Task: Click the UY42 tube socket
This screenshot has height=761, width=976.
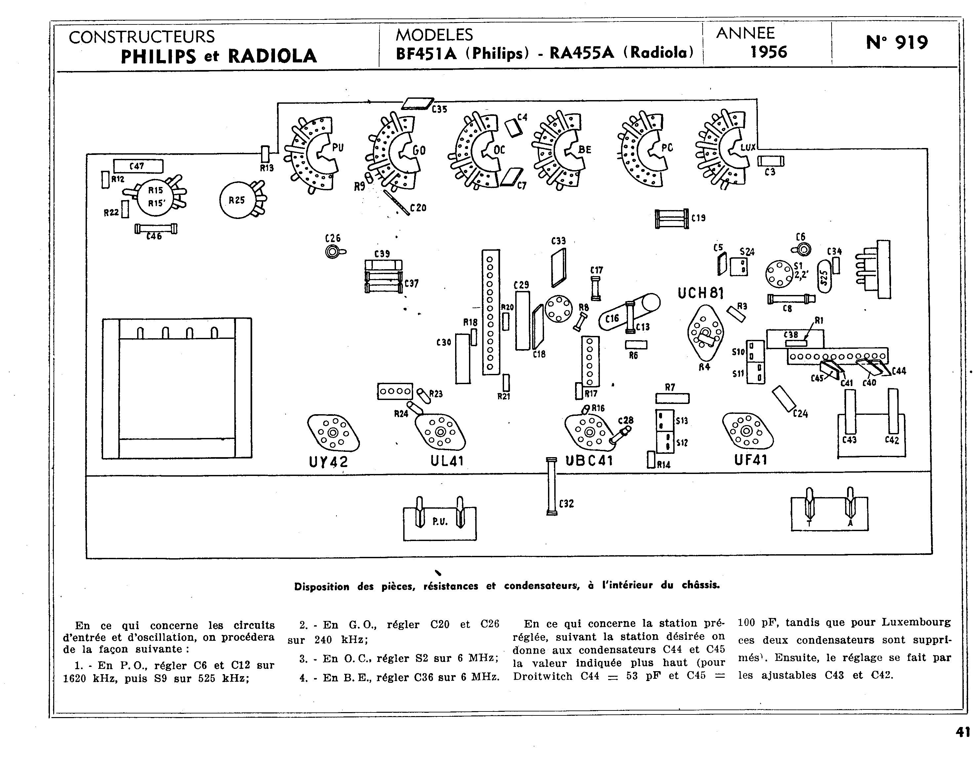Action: [333, 432]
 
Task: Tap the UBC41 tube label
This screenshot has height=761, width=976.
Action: [589, 460]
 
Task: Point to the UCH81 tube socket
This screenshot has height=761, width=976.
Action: [705, 333]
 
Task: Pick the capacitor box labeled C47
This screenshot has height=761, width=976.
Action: [138, 166]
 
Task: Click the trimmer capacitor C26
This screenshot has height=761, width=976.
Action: [332, 252]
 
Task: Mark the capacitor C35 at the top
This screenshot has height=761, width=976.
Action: [417, 104]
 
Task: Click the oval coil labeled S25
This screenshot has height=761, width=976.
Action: [825, 277]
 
